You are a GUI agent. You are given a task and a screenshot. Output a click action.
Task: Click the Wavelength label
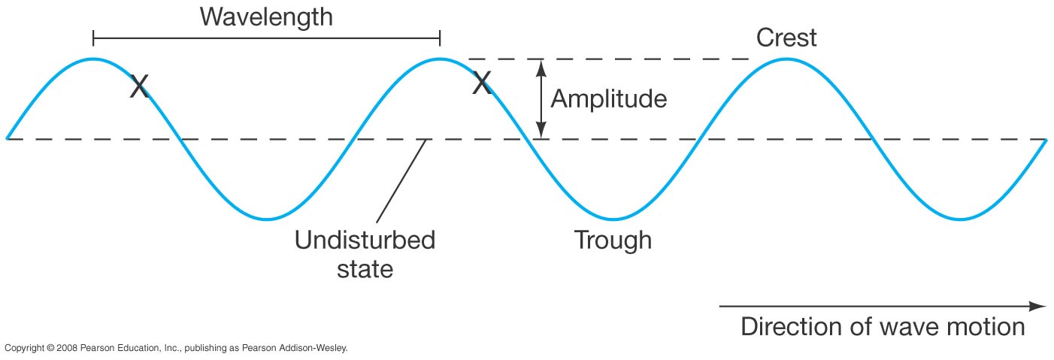(x=266, y=16)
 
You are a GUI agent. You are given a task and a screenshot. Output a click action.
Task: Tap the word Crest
(x=786, y=37)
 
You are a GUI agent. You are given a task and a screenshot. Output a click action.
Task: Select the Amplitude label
(x=609, y=98)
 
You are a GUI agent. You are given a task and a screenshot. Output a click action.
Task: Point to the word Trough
(x=613, y=241)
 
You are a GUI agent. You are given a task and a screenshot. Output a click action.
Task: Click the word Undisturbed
(x=365, y=241)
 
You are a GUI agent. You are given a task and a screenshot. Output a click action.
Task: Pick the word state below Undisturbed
(x=365, y=268)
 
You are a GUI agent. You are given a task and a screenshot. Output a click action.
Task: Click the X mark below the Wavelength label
(x=139, y=86)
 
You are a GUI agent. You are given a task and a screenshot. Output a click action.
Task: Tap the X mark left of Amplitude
(x=482, y=83)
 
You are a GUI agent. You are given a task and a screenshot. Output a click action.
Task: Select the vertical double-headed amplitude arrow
(x=538, y=98)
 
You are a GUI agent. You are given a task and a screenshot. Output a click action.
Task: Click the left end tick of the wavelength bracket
(x=93, y=38)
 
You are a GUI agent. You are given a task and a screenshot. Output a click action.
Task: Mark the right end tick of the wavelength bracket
(x=440, y=38)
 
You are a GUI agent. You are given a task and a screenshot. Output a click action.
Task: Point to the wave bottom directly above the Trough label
(x=613, y=219)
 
